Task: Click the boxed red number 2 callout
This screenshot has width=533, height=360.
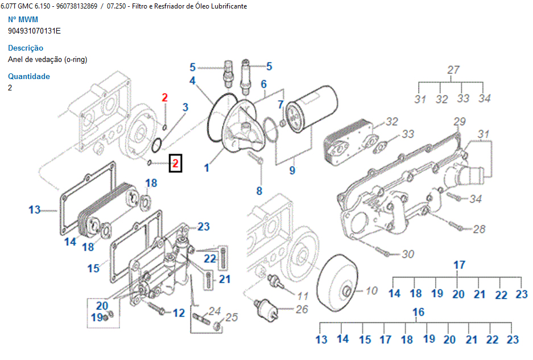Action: (176, 164)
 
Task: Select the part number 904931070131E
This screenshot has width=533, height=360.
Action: (34, 31)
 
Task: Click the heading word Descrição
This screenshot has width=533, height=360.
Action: (26, 48)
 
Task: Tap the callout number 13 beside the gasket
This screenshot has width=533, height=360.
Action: (35, 210)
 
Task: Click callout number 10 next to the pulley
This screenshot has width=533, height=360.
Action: (371, 291)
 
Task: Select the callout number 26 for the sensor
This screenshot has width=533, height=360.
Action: (301, 309)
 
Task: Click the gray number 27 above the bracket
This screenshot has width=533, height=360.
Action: (453, 70)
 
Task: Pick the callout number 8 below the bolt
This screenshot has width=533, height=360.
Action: (259, 191)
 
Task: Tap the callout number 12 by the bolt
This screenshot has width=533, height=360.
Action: (179, 312)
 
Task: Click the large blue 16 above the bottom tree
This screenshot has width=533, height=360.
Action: (418, 312)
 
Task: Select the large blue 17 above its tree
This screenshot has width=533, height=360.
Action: (459, 264)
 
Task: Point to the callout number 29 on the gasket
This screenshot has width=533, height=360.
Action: (460, 121)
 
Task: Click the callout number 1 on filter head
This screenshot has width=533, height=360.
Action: (207, 168)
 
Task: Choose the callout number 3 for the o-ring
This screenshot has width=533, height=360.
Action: (185, 107)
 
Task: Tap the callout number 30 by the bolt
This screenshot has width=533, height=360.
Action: (408, 254)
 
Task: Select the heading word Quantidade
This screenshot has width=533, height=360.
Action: (29, 77)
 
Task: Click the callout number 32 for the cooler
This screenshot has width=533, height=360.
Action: (392, 122)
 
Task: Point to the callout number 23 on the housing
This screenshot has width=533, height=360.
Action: (204, 227)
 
